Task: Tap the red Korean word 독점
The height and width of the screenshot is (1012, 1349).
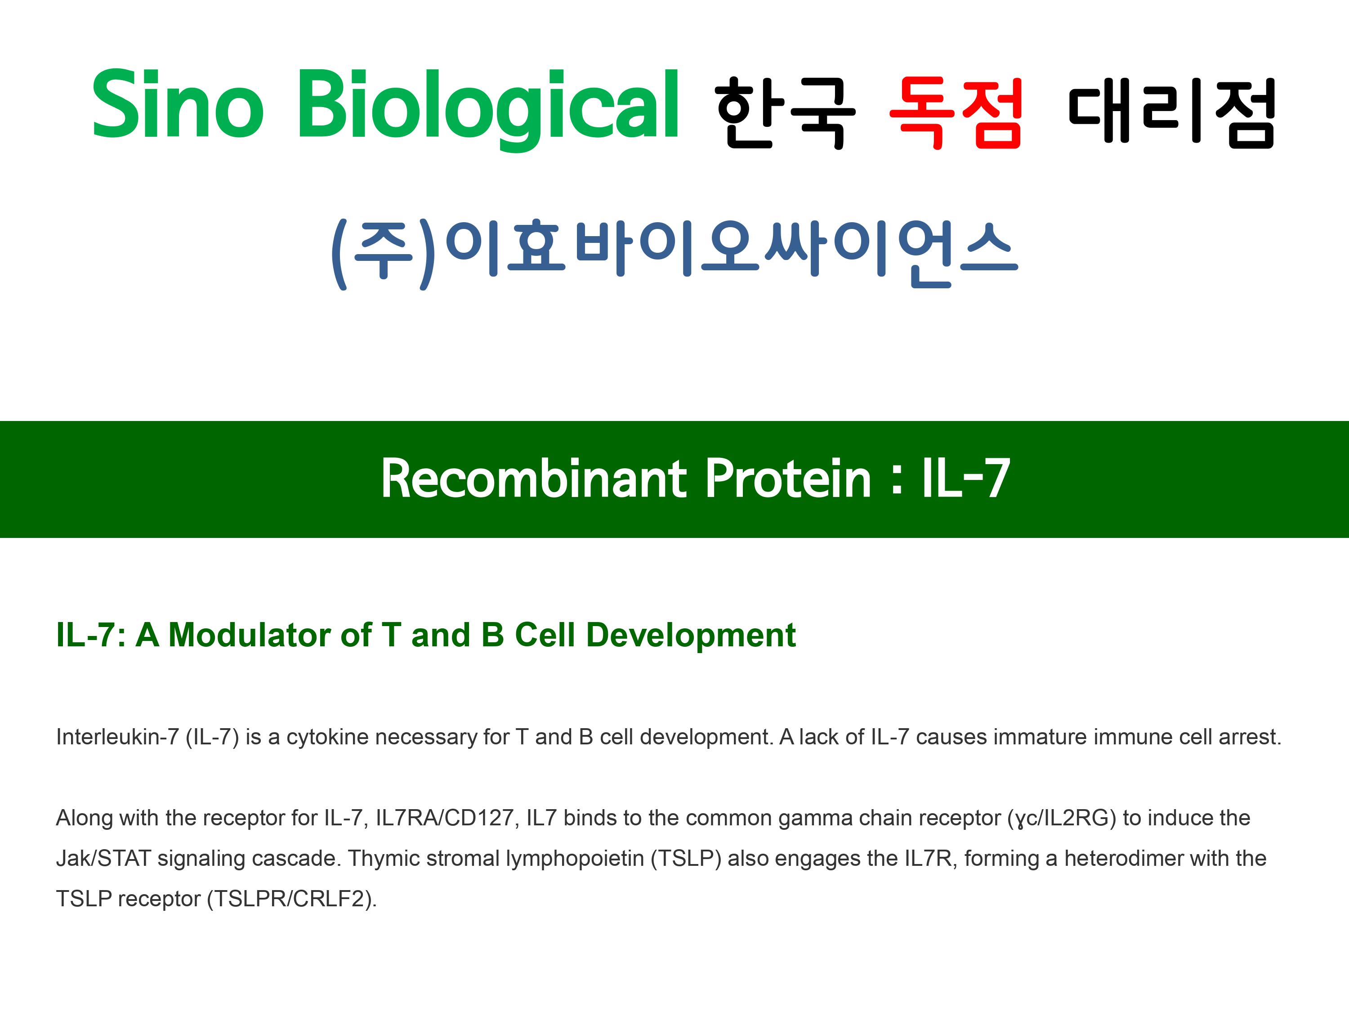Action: click(x=956, y=112)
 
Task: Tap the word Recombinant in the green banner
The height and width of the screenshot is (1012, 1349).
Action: click(x=534, y=479)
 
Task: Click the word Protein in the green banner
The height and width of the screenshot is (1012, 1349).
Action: click(x=787, y=479)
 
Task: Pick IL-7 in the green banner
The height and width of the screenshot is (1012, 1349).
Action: click(x=965, y=479)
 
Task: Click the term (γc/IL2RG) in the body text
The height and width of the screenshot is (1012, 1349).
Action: click(x=1062, y=819)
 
